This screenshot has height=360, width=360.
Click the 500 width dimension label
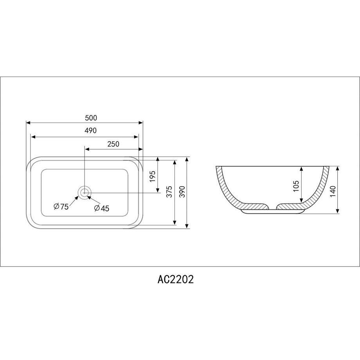[x=91, y=118]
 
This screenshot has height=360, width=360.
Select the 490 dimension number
[x=90, y=130]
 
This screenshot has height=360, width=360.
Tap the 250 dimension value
[x=113, y=144]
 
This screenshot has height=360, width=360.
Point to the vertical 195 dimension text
[x=153, y=176]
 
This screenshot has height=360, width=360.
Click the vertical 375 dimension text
[x=169, y=192]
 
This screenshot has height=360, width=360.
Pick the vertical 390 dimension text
[x=182, y=192]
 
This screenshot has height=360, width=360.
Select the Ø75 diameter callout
[x=61, y=207]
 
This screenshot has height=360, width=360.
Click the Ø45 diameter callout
[x=102, y=208]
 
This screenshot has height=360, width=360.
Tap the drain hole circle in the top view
[x=85, y=193]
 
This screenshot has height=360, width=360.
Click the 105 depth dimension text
[x=296, y=186]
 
